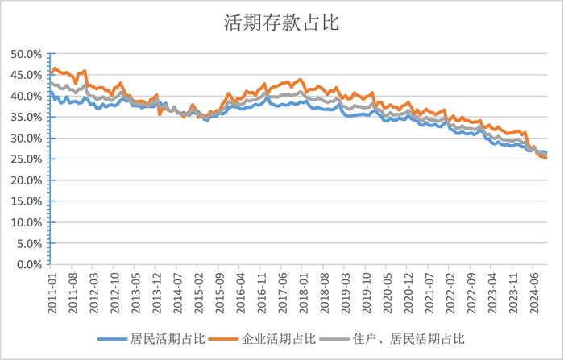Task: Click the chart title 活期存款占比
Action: (281, 23)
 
